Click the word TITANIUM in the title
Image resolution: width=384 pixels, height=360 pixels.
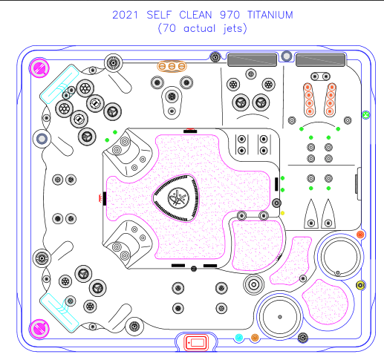click(x=270, y=15)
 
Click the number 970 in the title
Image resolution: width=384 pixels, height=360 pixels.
click(x=230, y=15)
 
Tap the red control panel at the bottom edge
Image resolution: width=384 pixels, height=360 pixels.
click(x=196, y=343)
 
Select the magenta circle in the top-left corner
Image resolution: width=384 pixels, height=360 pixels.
click(x=39, y=68)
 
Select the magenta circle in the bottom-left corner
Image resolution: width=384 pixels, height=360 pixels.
click(x=39, y=329)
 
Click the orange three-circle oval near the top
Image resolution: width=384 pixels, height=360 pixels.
click(x=172, y=66)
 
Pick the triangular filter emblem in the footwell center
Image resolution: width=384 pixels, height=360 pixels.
click(x=176, y=198)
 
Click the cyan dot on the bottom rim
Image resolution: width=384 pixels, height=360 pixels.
click(x=239, y=338)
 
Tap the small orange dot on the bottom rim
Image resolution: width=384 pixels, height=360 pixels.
click(x=255, y=338)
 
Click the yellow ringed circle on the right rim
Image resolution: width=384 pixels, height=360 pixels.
click(x=360, y=285)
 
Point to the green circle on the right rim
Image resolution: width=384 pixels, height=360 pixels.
click(x=365, y=115)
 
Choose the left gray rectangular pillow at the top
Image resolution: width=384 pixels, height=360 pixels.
click(x=252, y=60)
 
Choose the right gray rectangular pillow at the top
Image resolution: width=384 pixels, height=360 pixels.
click(x=321, y=60)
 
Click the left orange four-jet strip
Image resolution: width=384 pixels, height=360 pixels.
click(x=309, y=99)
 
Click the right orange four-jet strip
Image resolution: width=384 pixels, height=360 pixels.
click(x=331, y=99)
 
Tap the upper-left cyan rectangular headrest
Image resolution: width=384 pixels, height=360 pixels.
click(x=59, y=84)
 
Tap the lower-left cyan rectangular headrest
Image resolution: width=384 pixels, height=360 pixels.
click(x=59, y=312)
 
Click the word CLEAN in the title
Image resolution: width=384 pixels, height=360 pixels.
click(x=195, y=15)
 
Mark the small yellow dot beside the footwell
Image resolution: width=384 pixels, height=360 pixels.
click(x=282, y=213)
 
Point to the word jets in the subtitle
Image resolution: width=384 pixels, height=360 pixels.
click(x=232, y=28)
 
